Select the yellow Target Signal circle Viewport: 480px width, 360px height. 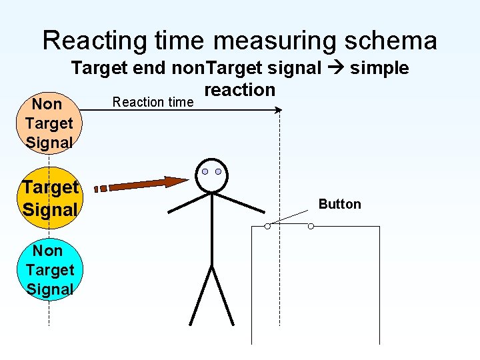point(51,198)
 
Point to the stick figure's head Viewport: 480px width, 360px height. point(211,175)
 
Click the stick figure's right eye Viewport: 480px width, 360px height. point(218,171)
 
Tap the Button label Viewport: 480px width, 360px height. point(339,204)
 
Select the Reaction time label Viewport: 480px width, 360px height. point(153,102)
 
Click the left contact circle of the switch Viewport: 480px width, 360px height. point(267,226)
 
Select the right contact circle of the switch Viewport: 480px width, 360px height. point(311,226)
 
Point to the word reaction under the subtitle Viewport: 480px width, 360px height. point(239,90)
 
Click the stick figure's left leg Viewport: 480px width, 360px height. point(201,296)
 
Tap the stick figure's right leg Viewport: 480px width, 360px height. point(223,296)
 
